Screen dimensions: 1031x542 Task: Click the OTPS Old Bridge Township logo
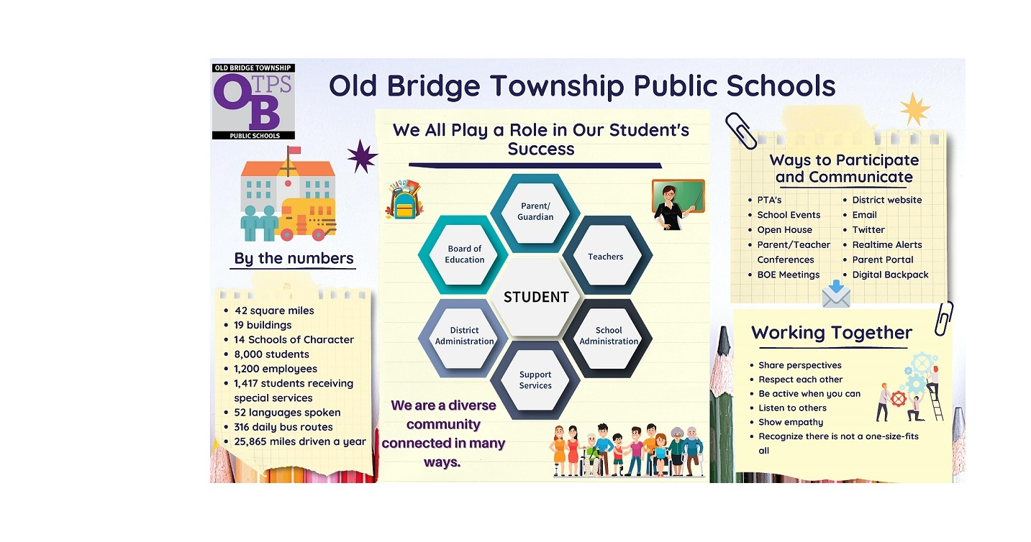253,101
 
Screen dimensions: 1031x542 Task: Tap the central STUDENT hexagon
536,297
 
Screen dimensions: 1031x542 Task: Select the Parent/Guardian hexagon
535,212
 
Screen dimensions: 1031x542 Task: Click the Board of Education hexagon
464,254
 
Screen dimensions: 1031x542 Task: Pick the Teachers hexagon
607,256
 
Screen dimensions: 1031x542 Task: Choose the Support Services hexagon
535,380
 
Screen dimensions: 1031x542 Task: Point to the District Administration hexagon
464,336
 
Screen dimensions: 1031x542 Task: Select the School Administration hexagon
607,336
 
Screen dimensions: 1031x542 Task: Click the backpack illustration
404,200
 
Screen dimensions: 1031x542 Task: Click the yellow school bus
307,219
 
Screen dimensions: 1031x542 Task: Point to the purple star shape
362,156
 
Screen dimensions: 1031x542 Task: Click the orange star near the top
914,109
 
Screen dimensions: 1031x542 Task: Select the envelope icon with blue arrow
836,294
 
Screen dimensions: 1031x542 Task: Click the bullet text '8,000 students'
271,354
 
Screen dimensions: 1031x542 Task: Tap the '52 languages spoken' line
287,413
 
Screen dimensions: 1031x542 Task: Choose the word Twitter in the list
868,229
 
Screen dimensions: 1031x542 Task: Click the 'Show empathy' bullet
791,422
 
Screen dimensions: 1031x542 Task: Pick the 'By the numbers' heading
294,258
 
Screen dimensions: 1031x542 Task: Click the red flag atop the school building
294,150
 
